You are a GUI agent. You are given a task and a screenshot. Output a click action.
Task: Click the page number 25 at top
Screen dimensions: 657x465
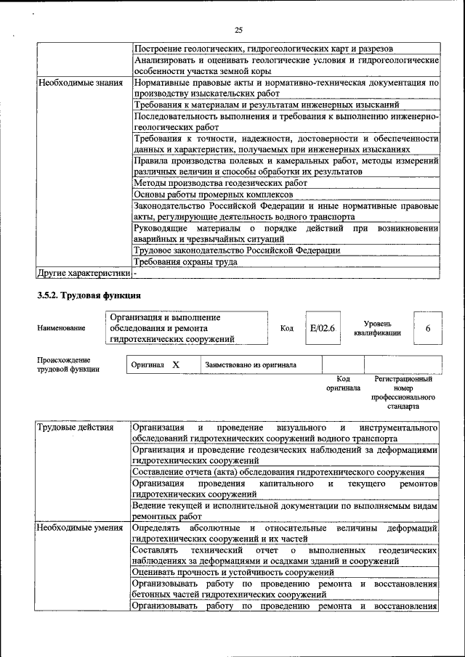point(238,30)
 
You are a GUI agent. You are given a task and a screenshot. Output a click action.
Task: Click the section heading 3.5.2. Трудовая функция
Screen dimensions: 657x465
point(89,295)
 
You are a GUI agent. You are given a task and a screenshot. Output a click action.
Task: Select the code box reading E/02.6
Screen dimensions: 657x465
point(321,328)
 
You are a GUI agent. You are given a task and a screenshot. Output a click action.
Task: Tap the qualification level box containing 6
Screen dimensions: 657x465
point(428,328)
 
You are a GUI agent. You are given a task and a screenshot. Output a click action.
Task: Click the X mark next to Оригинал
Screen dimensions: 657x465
point(176,364)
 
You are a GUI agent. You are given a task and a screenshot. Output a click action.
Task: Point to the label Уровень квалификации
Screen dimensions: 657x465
point(378,328)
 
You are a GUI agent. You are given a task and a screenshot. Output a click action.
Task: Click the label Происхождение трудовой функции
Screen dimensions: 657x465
point(68,364)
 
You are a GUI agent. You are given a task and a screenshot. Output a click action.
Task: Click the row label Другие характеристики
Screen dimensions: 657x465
point(84,273)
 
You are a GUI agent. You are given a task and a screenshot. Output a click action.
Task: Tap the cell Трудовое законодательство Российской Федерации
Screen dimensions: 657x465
point(237,250)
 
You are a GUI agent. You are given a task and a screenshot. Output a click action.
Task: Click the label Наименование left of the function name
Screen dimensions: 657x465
point(61,328)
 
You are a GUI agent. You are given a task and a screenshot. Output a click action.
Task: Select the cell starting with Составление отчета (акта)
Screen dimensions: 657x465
point(279,472)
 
